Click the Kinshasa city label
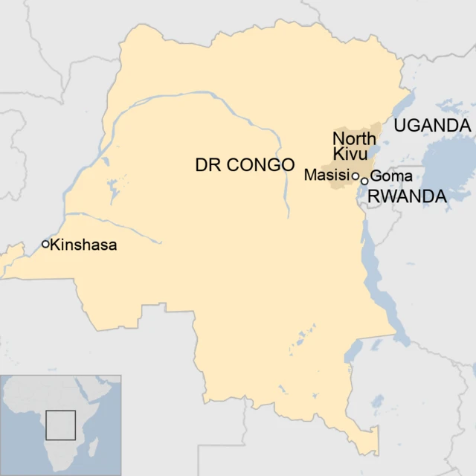[x=84, y=244]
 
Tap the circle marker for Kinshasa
[x=45, y=244]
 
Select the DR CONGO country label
[x=245, y=165]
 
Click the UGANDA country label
[x=432, y=126]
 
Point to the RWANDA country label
[x=408, y=196]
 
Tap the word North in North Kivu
[x=354, y=138]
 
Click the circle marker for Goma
[x=364, y=180]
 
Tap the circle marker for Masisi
[x=356, y=176]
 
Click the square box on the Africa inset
[x=61, y=425]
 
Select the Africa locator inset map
[x=60, y=425]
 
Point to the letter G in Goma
[x=375, y=176]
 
